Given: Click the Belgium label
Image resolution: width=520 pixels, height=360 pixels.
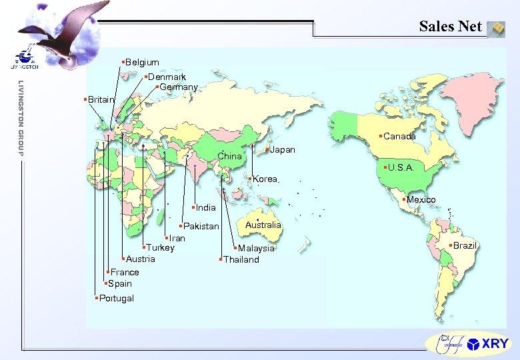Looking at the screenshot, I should coord(142,63).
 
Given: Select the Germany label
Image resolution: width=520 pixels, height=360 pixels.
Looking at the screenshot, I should coord(179,87).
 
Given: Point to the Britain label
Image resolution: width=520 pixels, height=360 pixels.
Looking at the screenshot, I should coord(101,99).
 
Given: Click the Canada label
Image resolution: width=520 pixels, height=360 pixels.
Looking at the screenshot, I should coord(400,137).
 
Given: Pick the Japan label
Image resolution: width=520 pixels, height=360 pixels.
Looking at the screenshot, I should coord(282,150).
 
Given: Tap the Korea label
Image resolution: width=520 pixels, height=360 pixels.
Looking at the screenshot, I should coord(265,179).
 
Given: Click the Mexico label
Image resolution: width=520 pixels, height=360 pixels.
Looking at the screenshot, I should coord(421,200).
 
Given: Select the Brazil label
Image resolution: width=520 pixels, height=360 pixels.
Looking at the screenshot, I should coord(465,245).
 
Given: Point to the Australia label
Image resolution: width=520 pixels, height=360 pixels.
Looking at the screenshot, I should coord(263,225).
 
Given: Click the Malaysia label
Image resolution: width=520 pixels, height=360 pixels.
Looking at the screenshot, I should coord(257,248).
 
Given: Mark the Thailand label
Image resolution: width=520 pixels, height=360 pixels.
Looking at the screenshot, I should coord(241,259).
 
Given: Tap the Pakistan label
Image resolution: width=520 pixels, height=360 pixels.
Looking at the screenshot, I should coord(201,227).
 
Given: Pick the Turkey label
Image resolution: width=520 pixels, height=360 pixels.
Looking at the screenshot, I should coord(160,248).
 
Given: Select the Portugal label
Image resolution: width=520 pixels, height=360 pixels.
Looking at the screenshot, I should coord(116,298).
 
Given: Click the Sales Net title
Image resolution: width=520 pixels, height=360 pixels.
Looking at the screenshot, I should coord(451,27).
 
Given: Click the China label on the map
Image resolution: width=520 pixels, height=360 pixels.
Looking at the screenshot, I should coord(230,157).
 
